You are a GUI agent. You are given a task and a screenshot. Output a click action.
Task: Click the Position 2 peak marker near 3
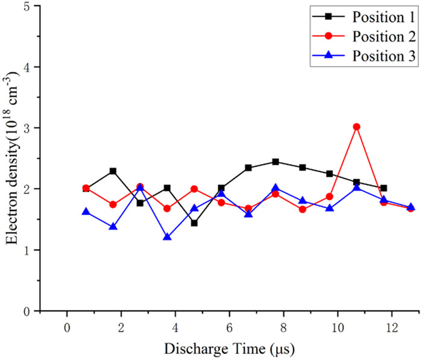(x=356, y=127)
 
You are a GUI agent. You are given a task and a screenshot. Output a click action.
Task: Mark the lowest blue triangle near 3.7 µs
(x=167, y=237)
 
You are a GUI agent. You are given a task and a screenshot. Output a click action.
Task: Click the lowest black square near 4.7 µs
(x=194, y=223)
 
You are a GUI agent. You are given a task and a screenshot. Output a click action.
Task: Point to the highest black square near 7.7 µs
(x=276, y=162)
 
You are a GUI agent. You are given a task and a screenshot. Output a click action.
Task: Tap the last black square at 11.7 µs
(x=383, y=188)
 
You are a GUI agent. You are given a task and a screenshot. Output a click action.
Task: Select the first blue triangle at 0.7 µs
(x=86, y=212)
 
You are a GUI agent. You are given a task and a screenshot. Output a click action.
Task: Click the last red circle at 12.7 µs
(x=411, y=208)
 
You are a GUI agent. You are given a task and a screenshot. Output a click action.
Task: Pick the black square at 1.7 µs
(x=113, y=171)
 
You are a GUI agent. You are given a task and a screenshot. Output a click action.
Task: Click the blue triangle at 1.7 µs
(x=113, y=227)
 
